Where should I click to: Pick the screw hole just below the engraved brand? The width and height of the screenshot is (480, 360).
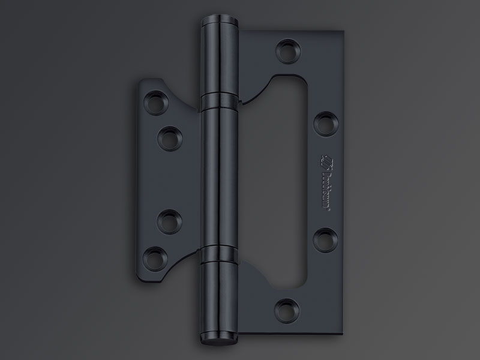325,236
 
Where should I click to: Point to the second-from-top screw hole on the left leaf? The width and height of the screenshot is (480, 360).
170,137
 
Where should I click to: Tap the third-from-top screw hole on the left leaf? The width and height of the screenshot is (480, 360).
170,220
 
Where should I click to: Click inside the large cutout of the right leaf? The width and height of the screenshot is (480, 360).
276,180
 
